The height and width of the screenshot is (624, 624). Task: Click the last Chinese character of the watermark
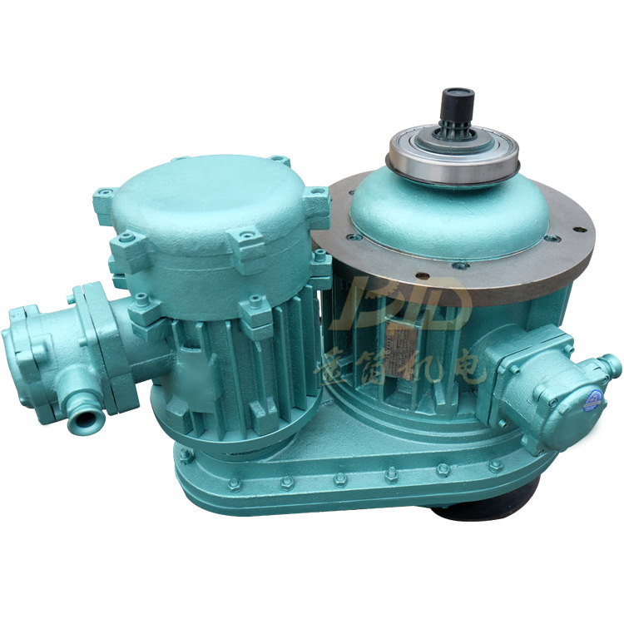pyautogui.click(x=469, y=366)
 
